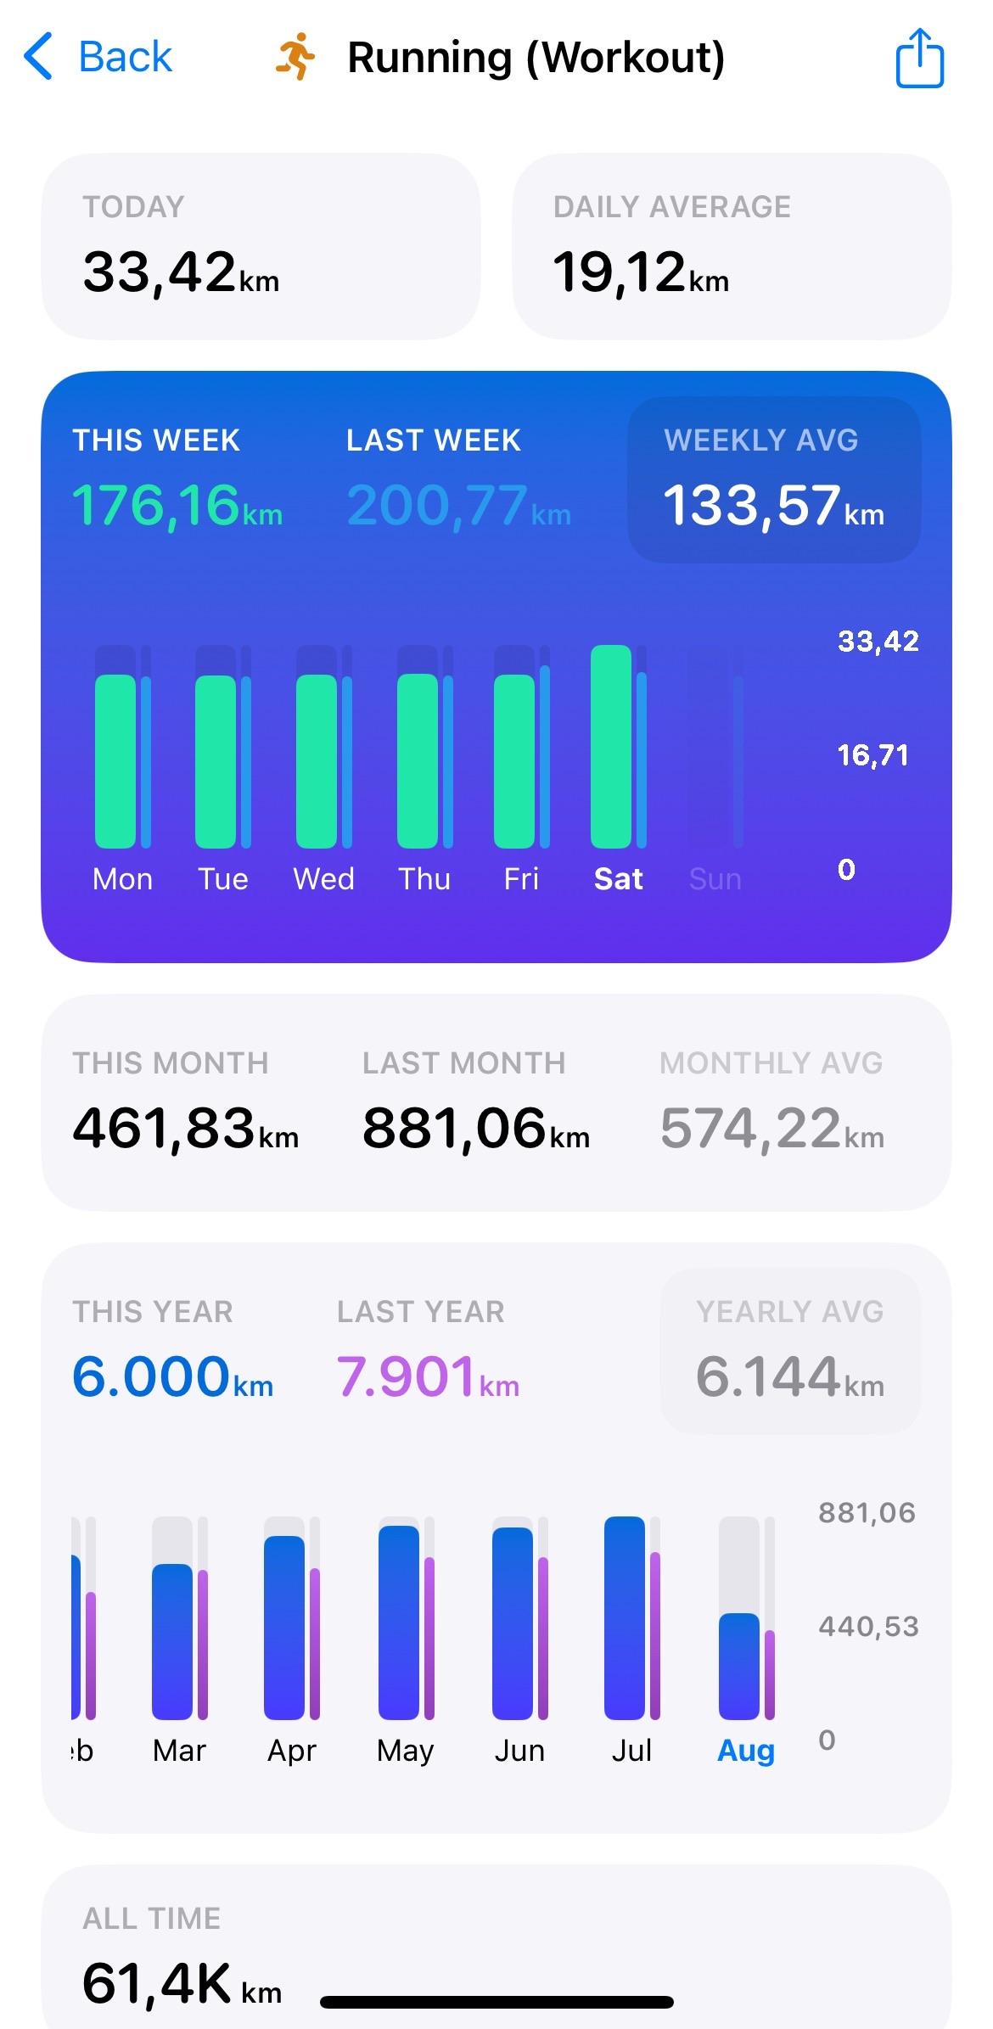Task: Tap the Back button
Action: click(98, 58)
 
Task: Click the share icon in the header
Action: click(920, 58)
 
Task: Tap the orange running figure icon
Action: click(295, 58)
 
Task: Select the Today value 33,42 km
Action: click(181, 273)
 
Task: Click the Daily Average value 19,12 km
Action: click(641, 273)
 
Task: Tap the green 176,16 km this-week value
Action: click(177, 506)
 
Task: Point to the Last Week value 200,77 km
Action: click(458, 506)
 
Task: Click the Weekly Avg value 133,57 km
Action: click(773, 506)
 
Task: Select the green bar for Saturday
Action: click(611, 747)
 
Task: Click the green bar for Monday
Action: click(115, 761)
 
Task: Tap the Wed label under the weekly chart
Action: click(323, 879)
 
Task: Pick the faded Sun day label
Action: click(715, 879)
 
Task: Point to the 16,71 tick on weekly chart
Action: click(872, 755)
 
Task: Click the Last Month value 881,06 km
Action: click(475, 1129)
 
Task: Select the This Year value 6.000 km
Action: click(172, 1377)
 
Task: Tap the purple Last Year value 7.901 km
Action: click(428, 1377)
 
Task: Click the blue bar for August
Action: click(738, 1666)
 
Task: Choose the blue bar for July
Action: click(625, 1617)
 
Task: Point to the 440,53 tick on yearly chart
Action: click(868, 1627)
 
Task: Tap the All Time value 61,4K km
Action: click(182, 1984)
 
